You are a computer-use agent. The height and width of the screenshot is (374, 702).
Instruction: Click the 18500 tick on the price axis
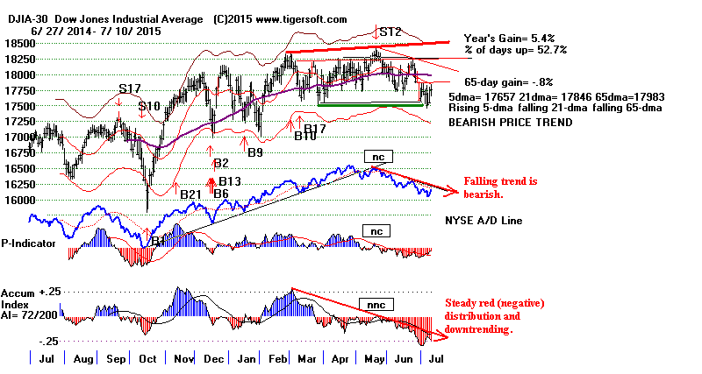[x=16, y=42]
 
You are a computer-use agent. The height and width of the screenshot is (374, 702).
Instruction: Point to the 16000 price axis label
[x=16, y=200]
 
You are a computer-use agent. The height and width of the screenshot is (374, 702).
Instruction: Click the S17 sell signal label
[x=130, y=88]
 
